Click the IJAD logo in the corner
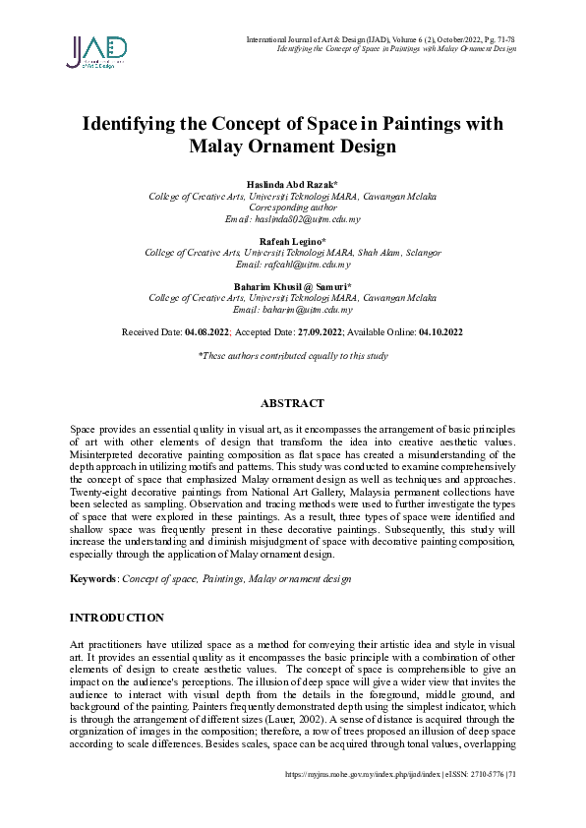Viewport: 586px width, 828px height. click(x=96, y=51)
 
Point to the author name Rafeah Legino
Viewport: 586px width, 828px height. click(x=292, y=241)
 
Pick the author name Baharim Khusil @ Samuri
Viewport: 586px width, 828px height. click(x=292, y=286)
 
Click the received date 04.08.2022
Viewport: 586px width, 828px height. click(x=206, y=332)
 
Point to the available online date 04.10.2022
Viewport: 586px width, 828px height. click(x=440, y=332)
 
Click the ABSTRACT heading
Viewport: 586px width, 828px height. click(x=292, y=404)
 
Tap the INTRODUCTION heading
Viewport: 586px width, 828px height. click(x=116, y=618)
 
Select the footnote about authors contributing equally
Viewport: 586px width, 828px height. click(x=293, y=356)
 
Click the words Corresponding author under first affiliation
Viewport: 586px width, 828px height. click(x=292, y=207)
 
